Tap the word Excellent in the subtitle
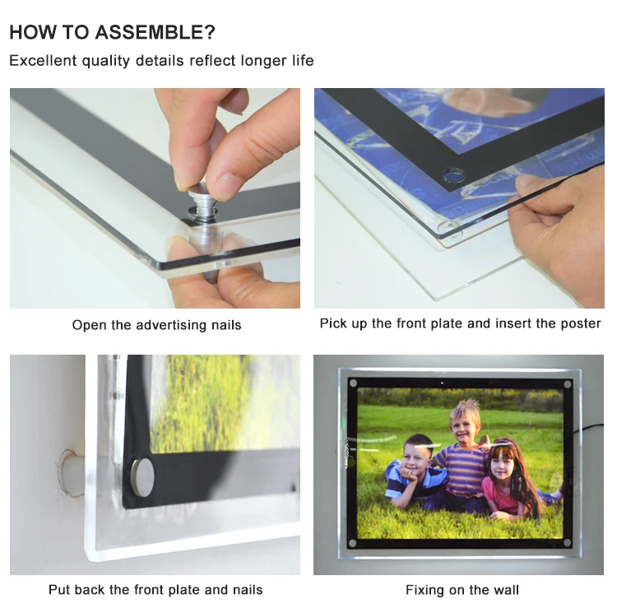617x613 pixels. tap(43, 61)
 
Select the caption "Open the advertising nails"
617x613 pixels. tap(156, 325)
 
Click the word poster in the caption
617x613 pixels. tap(581, 323)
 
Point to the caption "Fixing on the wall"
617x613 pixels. tap(462, 590)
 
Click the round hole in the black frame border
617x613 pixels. tap(453, 175)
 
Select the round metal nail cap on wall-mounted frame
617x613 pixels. tap(141, 477)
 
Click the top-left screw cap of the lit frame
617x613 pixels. tap(354, 383)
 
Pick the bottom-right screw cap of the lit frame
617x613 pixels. tap(567, 543)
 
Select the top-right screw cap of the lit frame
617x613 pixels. tap(568, 384)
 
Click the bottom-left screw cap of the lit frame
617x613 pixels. tap(353, 543)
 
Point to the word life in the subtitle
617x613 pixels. tap(303, 61)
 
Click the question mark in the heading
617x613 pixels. tap(210, 32)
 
